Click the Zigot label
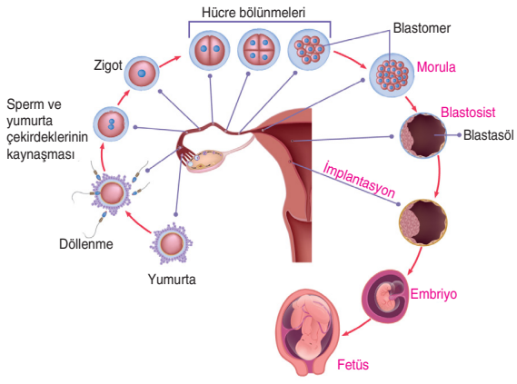click(108, 65)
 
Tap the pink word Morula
click(436, 67)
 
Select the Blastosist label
click(468, 113)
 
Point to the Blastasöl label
click(488, 135)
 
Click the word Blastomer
click(422, 28)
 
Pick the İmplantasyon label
click(359, 179)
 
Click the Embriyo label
click(433, 294)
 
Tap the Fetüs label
click(353, 365)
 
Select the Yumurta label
click(172, 280)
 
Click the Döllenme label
click(86, 244)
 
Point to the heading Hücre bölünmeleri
click(254, 13)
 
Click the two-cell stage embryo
click(210, 50)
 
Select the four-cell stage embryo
click(259, 49)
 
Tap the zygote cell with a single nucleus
click(142, 74)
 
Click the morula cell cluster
click(392, 75)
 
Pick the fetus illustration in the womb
click(307, 332)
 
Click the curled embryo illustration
click(386, 296)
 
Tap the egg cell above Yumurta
click(171, 244)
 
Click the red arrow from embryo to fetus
click(356, 328)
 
